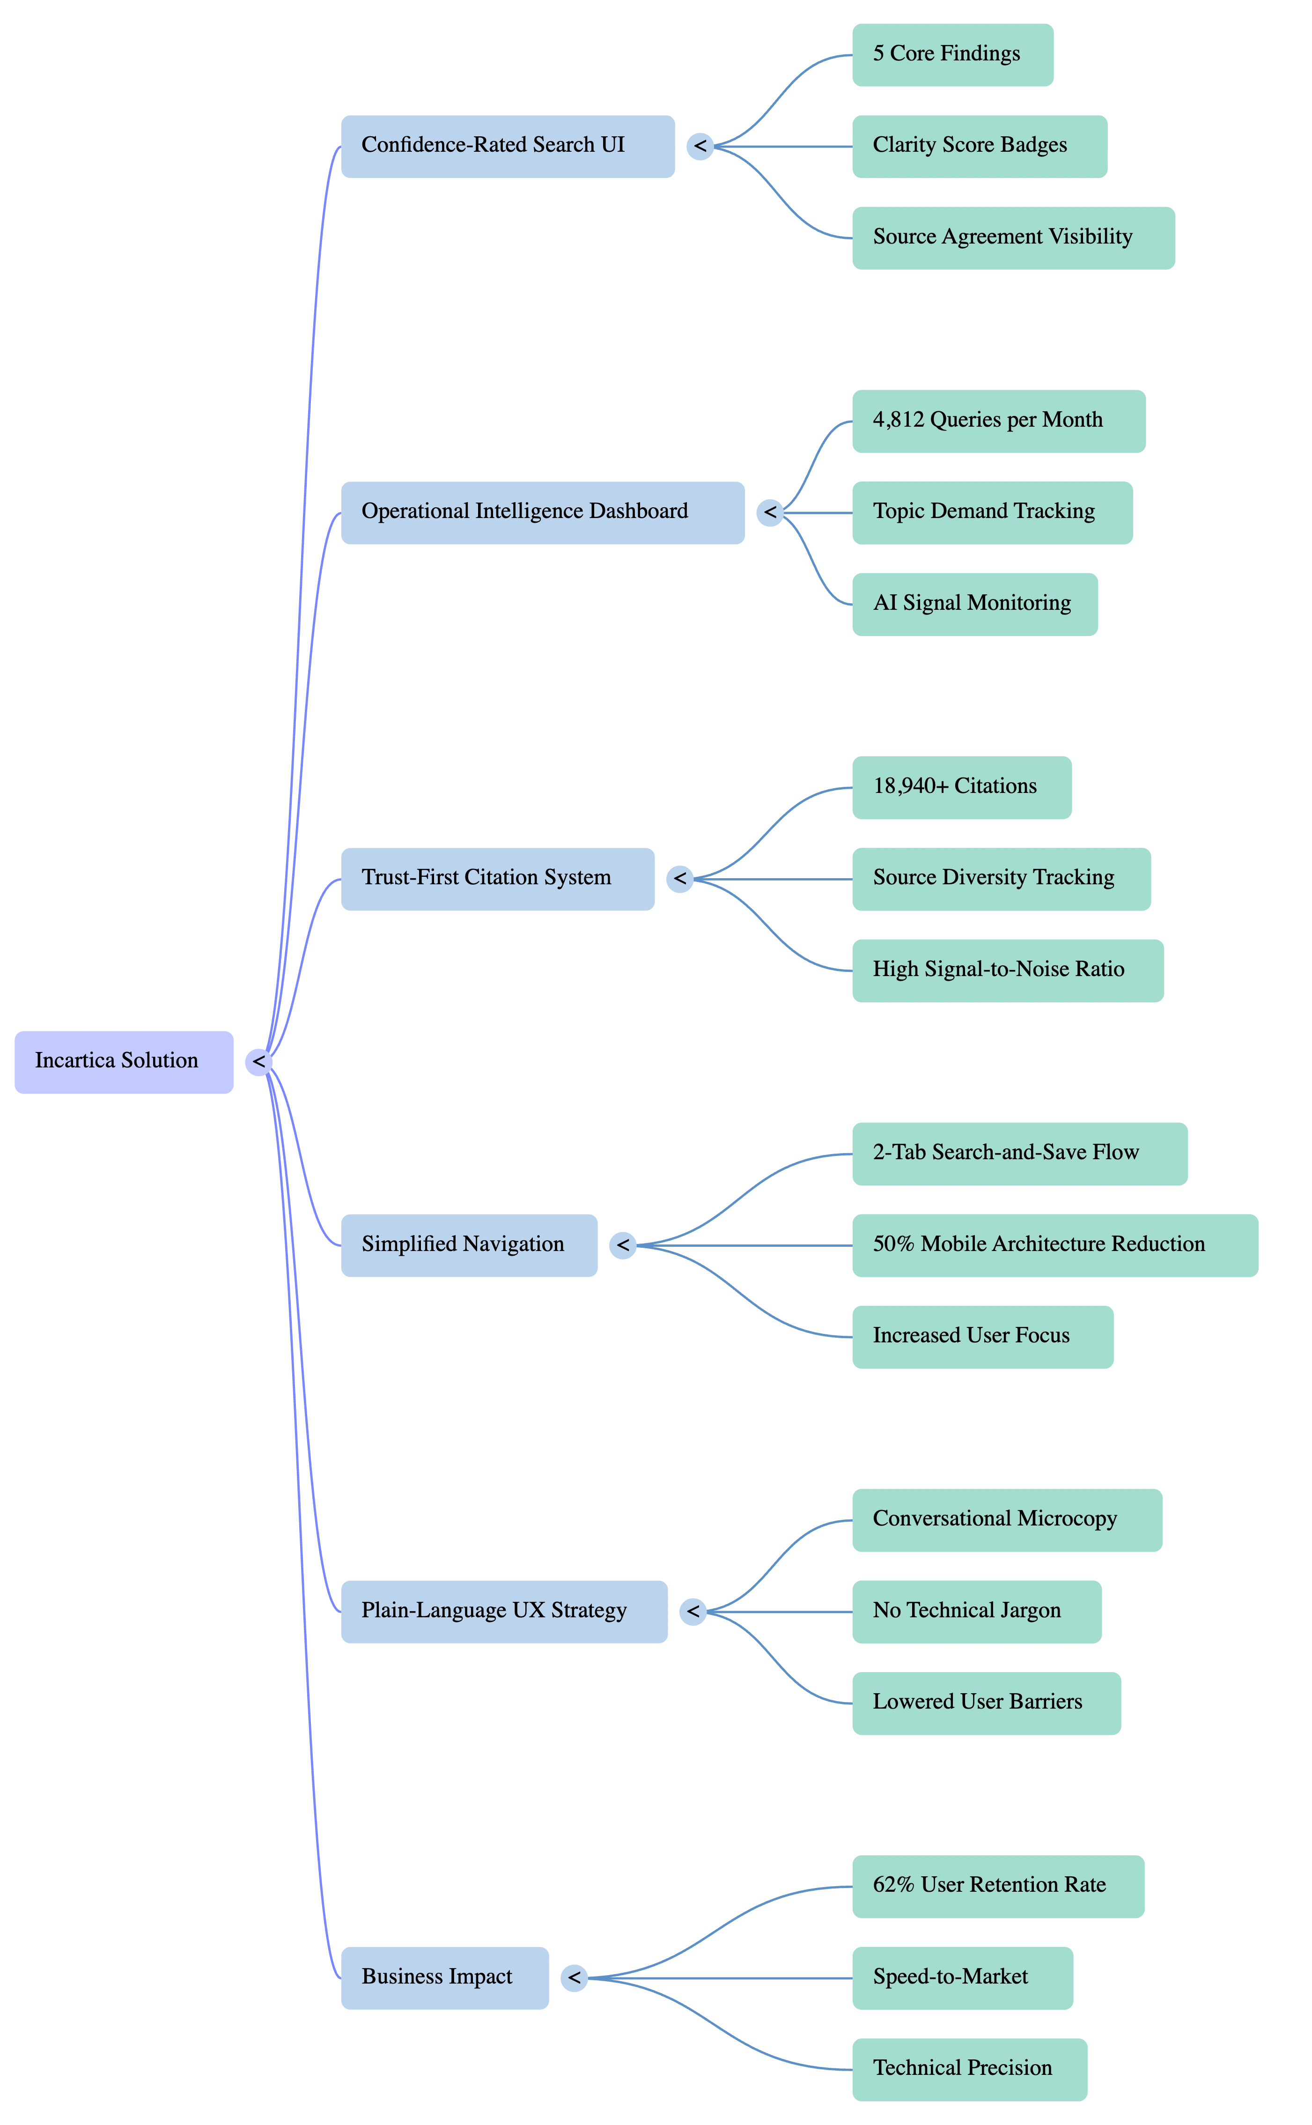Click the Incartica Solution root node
[124, 1062]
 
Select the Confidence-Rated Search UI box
[508, 147]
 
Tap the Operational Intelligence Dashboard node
[542, 513]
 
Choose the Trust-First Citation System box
[497, 879]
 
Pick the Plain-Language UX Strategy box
[504, 1611]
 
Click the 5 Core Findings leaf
[953, 55]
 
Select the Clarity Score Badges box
[980, 147]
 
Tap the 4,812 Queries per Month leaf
[999, 421]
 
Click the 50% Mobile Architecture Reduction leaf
[1055, 1245]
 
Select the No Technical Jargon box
[977, 1611]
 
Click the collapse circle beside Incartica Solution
[258, 1062]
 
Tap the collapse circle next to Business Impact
[574, 1978]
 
